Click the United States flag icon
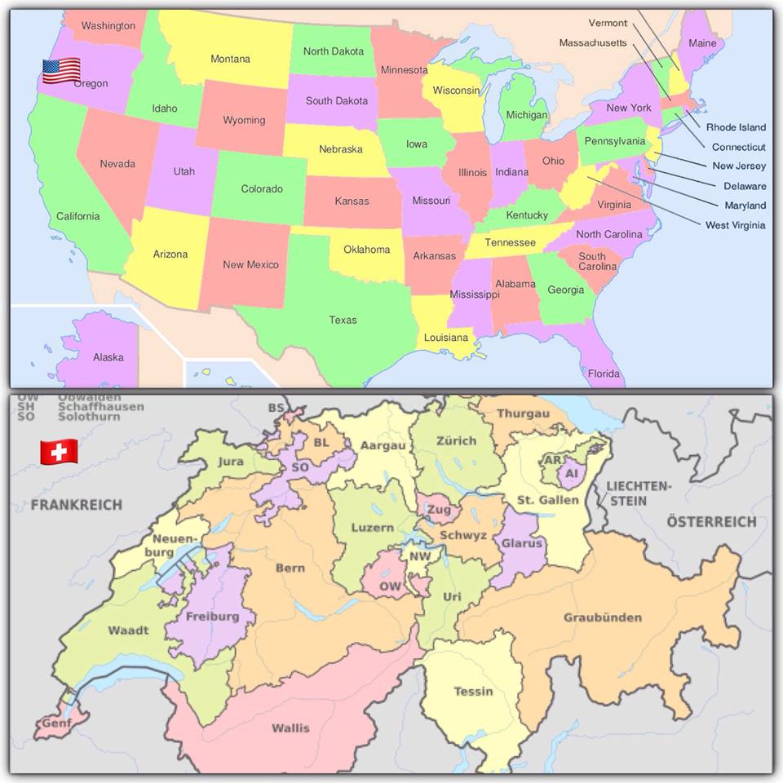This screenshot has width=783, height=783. point(61,71)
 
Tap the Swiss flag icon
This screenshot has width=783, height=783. point(60,451)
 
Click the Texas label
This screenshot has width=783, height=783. point(343,320)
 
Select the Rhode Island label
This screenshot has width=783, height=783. point(736,127)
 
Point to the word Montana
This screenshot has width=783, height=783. point(230,59)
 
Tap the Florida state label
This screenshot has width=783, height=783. point(604,374)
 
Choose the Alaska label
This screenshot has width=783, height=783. point(108,357)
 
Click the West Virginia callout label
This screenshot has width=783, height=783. point(735,225)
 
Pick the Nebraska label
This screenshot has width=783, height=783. point(340,149)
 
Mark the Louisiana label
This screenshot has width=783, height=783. point(446,338)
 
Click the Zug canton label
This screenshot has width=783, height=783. point(439,510)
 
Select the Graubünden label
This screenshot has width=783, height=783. point(603,617)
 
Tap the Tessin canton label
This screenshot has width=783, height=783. point(473,692)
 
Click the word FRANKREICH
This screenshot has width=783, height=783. point(76,505)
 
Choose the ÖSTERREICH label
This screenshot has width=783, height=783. point(711,521)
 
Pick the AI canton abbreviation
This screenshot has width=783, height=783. point(571,473)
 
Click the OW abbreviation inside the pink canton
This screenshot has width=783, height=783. point(390,586)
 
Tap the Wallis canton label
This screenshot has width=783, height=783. point(290,728)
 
